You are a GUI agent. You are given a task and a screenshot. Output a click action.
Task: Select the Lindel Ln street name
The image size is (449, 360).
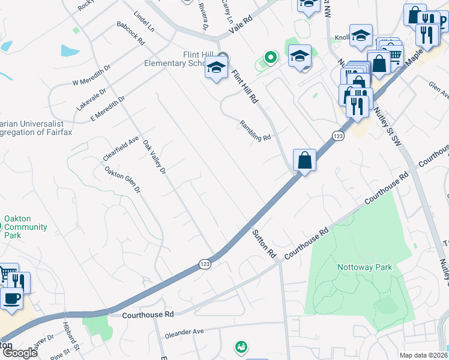pos(144,22)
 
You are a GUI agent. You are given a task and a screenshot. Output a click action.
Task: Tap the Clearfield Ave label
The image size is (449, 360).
pos(120,148)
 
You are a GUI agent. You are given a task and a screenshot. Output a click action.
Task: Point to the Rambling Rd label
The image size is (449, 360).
pos(256,129)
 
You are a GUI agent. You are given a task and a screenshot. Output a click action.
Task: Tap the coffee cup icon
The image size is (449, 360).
pos(11,298)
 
